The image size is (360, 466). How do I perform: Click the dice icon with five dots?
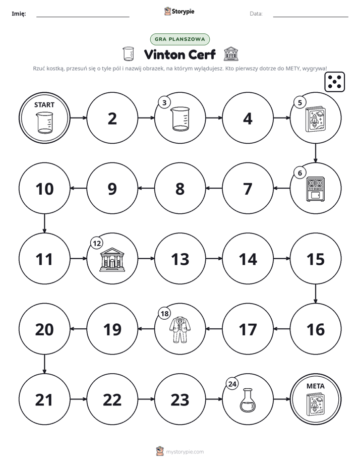coord(334,82)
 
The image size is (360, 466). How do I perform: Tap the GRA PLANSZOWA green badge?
coord(179,39)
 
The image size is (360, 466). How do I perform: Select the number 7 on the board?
coord(248,189)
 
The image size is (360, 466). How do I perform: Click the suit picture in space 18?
coord(180,329)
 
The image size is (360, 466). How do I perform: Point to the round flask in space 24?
coord(248,400)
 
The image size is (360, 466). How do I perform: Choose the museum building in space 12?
coord(112,259)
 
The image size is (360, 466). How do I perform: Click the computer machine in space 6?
coord(316,189)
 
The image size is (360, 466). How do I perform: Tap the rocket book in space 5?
coord(316,120)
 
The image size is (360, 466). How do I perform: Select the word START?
coord(44,105)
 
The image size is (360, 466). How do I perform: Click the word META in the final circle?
coord(316,386)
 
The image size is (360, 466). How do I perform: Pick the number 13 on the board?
coord(180,259)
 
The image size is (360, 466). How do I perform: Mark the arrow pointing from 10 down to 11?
coord(44,223)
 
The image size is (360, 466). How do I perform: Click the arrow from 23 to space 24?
coord(214,399)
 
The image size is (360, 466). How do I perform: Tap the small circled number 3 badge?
coord(164,102)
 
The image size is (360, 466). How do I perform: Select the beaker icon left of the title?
coord(128,54)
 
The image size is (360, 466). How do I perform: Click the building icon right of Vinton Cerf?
coord(231,54)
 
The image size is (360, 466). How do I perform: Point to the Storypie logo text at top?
coord(179,12)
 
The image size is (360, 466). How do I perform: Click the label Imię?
coord(19,14)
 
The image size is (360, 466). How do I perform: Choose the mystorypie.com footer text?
coord(185,452)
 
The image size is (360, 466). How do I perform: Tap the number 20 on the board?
coord(44,329)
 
